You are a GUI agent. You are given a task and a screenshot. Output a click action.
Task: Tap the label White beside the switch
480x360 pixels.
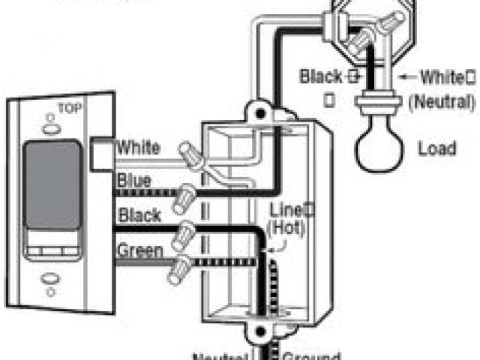tap(137, 147)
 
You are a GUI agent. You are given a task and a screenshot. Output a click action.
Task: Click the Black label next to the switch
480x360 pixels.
tap(138, 215)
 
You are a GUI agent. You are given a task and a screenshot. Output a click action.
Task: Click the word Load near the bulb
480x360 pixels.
tap(437, 148)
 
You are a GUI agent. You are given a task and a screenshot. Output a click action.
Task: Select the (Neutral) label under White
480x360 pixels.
tap(442, 100)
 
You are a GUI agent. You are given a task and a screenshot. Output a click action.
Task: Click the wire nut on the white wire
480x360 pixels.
tap(193, 158)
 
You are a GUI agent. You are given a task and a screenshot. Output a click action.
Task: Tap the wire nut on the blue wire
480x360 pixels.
tap(183, 199)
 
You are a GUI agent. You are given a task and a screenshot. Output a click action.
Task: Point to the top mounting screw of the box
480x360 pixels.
tap(261, 113)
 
